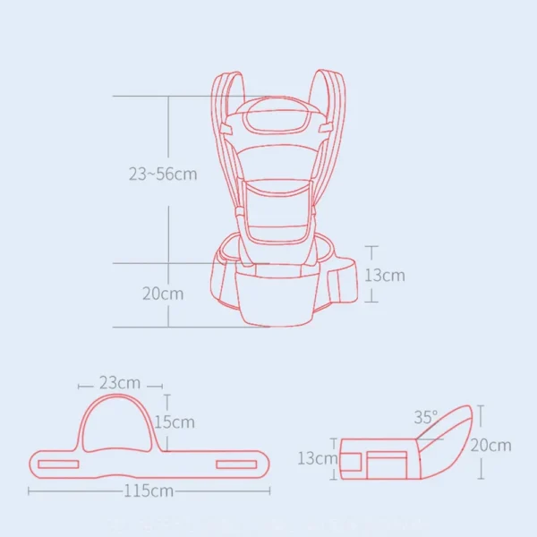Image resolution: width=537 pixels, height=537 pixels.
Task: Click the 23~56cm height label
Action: pyautogui.click(x=162, y=175)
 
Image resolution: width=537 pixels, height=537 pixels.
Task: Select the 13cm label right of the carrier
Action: pyautogui.click(x=384, y=275)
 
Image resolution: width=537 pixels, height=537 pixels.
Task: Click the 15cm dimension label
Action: pyautogui.click(x=175, y=422)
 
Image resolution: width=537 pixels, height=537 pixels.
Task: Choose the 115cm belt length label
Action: pyautogui.click(x=149, y=490)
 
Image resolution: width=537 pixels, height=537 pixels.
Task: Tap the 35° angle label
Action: pyautogui.click(x=426, y=417)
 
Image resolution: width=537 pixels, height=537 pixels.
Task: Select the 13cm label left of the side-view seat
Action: pyautogui.click(x=317, y=458)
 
